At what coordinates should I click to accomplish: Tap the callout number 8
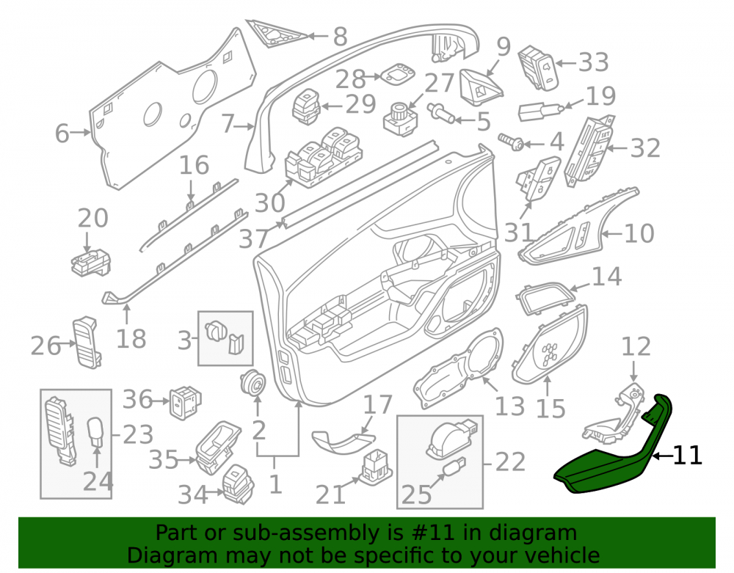coord(341,37)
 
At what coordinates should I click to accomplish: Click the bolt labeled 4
coord(511,142)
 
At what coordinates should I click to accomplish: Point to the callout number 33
coord(594,62)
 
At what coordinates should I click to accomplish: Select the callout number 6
coord(62,134)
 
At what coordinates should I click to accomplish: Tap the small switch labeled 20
coord(90,263)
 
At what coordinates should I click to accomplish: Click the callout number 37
coord(254,238)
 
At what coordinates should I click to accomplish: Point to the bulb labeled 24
coord(96,432)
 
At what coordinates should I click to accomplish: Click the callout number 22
coord(510,462)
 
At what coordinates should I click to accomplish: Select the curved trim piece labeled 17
coord(342,442)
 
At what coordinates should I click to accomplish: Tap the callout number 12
coord(636,347)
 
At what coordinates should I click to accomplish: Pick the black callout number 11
coord(687,455)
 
